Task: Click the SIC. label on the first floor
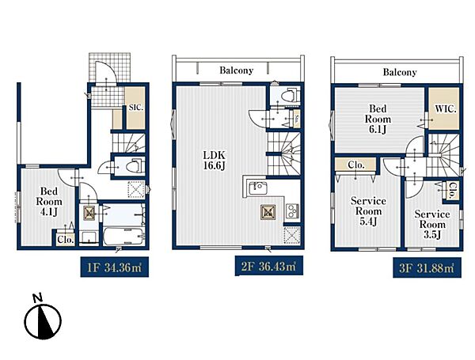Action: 136,107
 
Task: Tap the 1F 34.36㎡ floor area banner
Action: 115,267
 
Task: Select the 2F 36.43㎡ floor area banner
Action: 269,266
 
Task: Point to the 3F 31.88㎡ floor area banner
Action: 427,267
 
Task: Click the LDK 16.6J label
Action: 215,161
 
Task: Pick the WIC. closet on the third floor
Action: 444,108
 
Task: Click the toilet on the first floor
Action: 135,166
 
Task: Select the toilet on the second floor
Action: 288,96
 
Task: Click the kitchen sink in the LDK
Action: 257,189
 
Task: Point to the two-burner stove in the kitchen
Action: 292,211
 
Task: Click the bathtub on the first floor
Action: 123,237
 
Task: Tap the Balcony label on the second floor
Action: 236,70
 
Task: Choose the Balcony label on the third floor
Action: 400,72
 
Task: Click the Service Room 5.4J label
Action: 368,211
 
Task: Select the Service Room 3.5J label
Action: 432,225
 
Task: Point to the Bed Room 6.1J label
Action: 378,119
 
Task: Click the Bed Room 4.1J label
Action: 49,202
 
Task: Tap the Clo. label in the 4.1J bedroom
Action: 66,240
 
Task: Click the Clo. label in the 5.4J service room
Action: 356,165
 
